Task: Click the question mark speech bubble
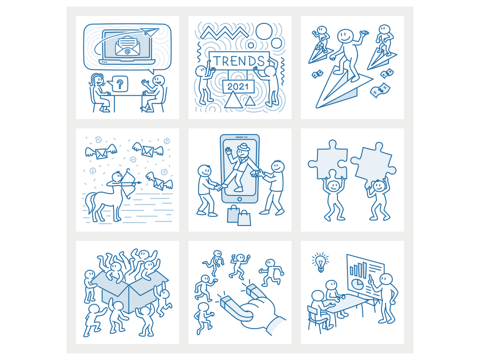(x=120, y=84)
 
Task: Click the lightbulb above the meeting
(x=320, y=262)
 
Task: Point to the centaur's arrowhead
(x=140, y=183)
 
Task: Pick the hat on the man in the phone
(x=242, y=147)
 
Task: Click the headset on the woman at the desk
(x=96, y=80)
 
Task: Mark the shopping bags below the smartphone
(x=239, y=216)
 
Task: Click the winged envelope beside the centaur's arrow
(x=159, y=181)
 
